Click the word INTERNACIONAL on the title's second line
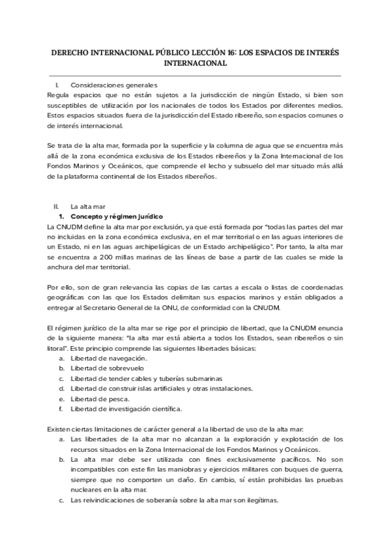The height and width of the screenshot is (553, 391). click(195, 63)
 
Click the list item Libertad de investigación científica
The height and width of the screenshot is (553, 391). click(126, 409)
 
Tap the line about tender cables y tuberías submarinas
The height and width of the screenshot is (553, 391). click(146, 379)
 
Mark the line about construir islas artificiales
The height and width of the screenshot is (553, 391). click(152, 389)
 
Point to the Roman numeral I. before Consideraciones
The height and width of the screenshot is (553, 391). click(59, 85)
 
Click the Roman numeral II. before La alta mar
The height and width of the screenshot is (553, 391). click(57, 206)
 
